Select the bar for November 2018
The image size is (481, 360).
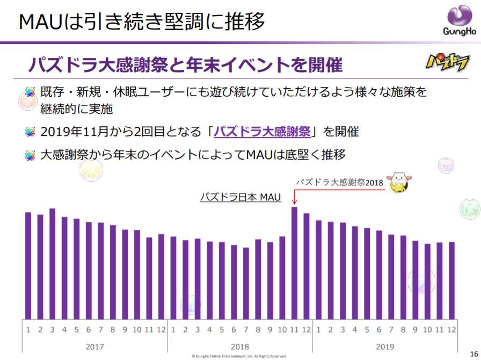pos(294,263)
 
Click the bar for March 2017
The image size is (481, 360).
pos(52,263)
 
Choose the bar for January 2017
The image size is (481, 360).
pos(28,265)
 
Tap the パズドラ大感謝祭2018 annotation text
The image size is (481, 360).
pos(340,182)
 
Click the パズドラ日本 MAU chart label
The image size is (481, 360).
pos(240,197)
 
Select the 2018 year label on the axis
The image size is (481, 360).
pos(239,346)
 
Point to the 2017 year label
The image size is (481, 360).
pos(94,346)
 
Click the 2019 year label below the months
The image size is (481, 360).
pos(385,346)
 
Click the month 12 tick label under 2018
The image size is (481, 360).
pos(307,329)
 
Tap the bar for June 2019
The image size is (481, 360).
pos(379,274)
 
